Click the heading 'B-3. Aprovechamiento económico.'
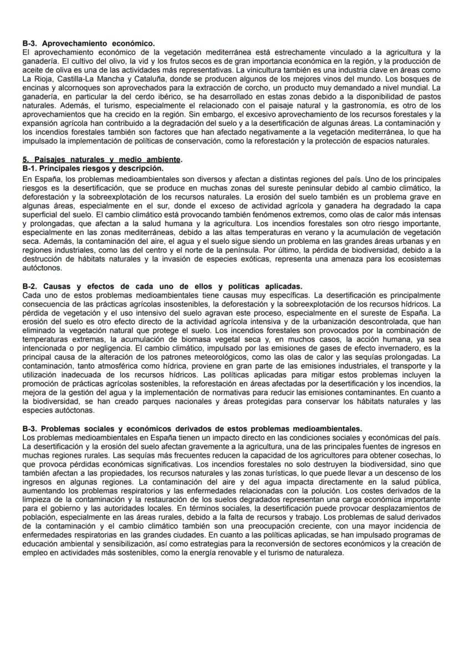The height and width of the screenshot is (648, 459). point(88,43)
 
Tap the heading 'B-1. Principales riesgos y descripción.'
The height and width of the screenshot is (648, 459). point(93,167)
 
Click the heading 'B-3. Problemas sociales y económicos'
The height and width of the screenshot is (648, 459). point(192,428)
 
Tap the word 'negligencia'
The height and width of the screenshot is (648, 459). point(116,341)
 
